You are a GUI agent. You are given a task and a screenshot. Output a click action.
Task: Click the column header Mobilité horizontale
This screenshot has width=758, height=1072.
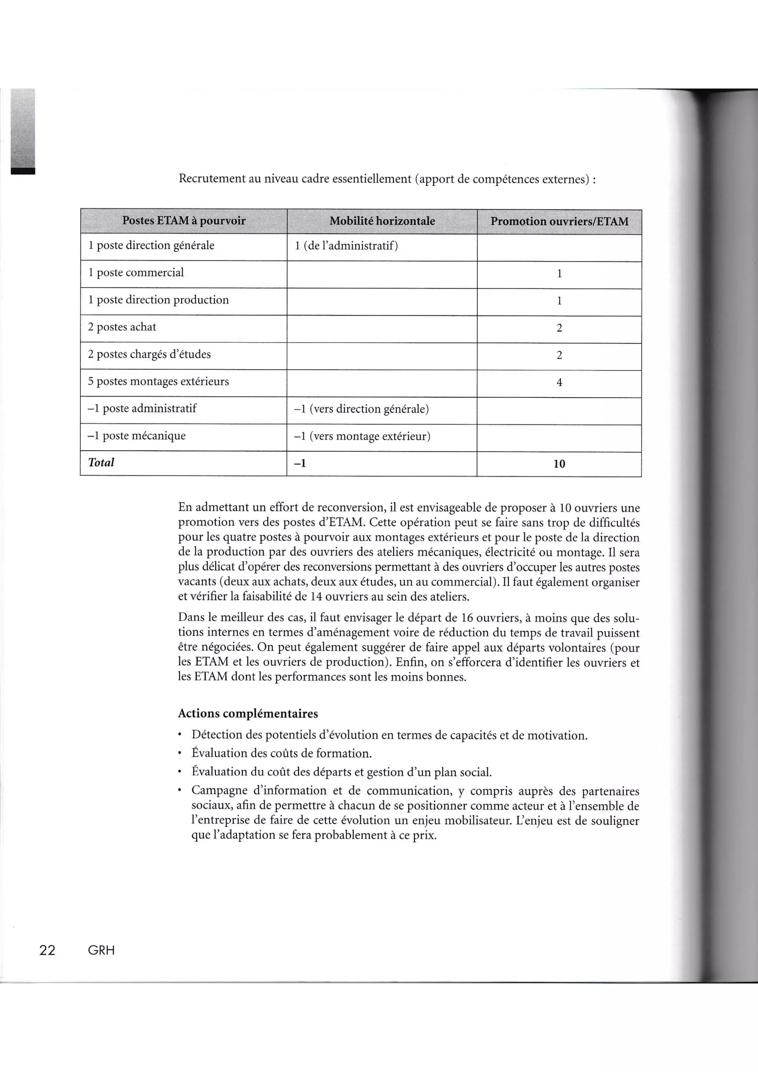(x=382, y=221)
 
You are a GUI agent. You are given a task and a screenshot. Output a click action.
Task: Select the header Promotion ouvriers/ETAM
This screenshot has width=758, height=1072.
(x=559, y=221)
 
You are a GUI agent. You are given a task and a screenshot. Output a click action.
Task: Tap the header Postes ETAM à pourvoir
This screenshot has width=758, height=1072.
(x=184, y=220)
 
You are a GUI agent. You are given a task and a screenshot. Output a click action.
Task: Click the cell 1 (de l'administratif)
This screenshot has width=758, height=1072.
(x=346, y=246)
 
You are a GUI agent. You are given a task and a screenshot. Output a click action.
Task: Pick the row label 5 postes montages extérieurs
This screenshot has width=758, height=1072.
(x=158, y=381)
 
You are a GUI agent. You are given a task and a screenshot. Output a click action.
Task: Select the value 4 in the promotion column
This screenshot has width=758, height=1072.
(x=559, y=382)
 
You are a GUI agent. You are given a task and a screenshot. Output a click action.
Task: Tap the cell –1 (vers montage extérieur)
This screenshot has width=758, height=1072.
(x=362, y=436)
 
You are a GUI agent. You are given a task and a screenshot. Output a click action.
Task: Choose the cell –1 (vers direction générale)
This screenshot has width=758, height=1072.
(x=361, y=409)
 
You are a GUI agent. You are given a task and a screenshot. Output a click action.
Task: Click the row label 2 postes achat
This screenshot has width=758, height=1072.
(x=122, y=327)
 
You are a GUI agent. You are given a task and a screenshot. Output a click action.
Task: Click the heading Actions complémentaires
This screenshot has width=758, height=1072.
(x=248, y=714)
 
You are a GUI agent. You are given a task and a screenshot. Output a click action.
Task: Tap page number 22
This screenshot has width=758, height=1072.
(x=47, y=950)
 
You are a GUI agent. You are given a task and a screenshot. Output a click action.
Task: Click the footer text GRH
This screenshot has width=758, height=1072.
(x=101, y=950)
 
